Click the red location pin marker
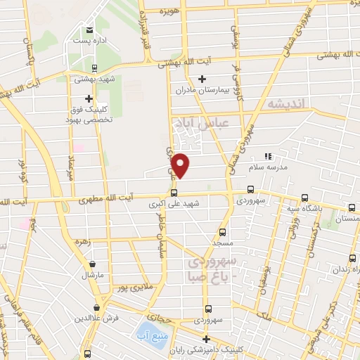(x=181, y=165)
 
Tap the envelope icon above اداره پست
(x=89, y=30)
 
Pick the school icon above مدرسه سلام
(x=266, y=156)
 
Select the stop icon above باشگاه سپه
(x=304, y=198)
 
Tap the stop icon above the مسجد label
(x=222, y=231)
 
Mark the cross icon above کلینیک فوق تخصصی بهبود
(x=89, y=99)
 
